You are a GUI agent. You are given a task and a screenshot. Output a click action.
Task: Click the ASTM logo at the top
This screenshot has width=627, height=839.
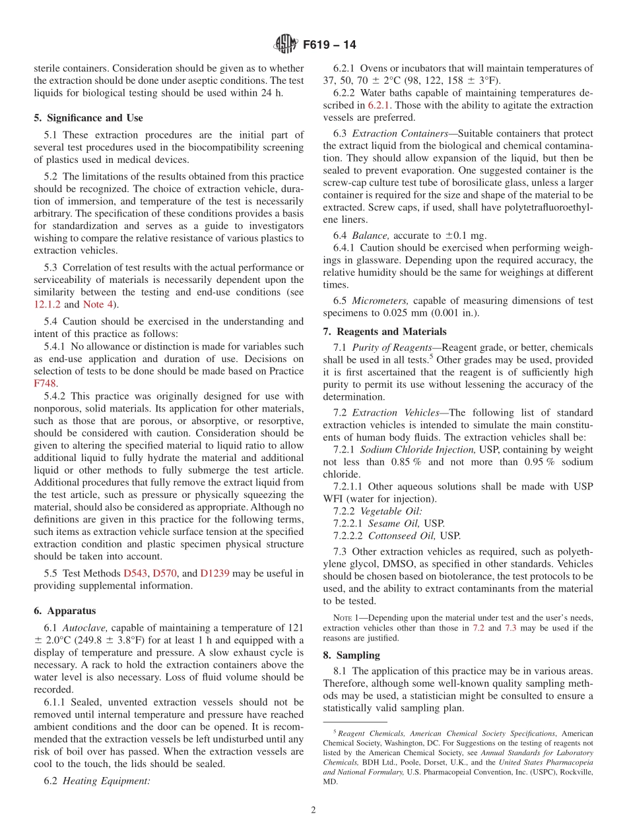coord(286,45)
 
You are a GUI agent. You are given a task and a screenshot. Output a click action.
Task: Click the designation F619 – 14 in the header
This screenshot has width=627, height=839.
coord(329,46)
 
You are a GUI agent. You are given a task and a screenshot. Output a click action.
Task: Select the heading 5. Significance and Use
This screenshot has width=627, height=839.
coord(88,118)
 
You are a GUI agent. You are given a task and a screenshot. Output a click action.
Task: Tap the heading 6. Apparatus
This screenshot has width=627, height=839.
coord(65,611)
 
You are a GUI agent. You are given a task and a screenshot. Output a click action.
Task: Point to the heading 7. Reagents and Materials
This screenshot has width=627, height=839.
coord(385,332)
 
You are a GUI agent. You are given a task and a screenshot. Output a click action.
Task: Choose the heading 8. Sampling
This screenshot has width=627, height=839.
coord(351,655)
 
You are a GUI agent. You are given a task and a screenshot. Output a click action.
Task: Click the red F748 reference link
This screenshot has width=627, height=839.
coord(46,383)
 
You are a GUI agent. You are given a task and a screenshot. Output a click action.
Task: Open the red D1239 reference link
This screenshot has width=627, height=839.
coord(214,573)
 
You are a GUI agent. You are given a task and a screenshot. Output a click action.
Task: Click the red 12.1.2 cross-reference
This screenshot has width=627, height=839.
coord(47,304)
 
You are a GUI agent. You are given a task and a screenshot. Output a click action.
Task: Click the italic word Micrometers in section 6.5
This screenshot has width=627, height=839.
coord(379,300)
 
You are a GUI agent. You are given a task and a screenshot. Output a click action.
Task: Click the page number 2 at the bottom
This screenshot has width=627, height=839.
coord(313,810)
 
